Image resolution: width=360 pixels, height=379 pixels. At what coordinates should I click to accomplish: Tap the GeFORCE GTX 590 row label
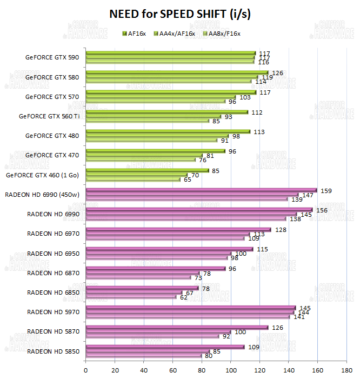[x=52, y=57]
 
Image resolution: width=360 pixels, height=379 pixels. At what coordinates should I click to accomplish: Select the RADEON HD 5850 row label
[x=53, y=351]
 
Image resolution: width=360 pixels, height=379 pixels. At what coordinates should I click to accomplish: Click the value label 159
[x=326, y=190]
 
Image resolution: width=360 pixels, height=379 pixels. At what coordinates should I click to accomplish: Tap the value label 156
[x=322, y=210]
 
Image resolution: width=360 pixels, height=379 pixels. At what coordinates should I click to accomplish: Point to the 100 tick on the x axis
[x=231, y=370]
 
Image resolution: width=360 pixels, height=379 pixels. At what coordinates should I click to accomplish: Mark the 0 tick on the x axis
[x=86, y=370]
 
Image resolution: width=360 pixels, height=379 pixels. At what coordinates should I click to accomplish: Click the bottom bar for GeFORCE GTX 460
[x=133, y=179]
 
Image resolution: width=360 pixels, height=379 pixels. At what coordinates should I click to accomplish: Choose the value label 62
[x=184, y=297]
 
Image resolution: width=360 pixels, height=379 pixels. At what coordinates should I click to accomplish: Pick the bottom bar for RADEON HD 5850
[x=144, y=355]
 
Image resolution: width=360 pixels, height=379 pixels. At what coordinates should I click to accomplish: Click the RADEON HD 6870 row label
[x=53, y=273]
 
